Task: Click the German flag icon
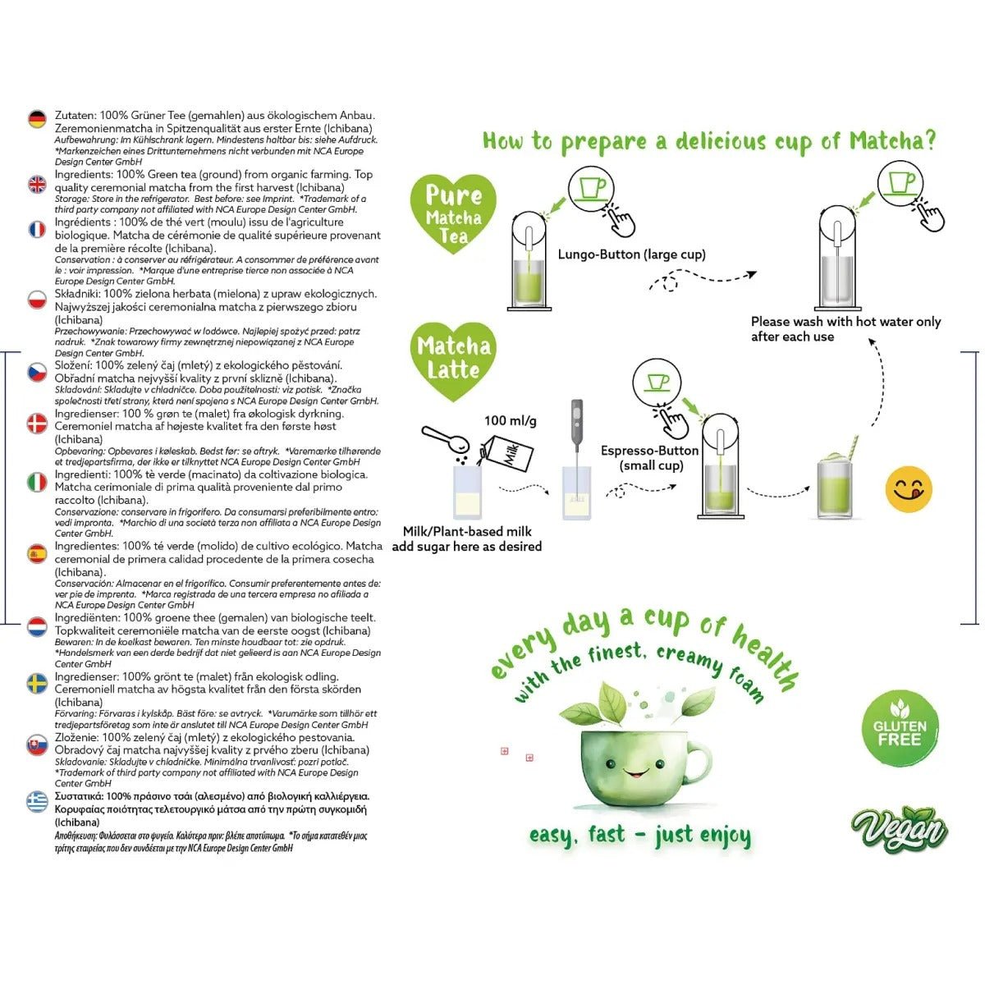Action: pyautogui.click(x=37, y=120)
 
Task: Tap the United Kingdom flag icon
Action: pyautogui.click(x=37, y=184)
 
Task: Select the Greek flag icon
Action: pyautogui.click(x=37, y=802)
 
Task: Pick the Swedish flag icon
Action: pyautogui.click(x=37, y=683)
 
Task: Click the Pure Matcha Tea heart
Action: pyautogui.click(x=454, y=214)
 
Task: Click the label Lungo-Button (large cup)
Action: pyautogui.click(x=631, y=254)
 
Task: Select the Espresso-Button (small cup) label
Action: pyautogui.click(x=650, y=458)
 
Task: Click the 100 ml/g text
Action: pyautogui.click(x=510, y=420)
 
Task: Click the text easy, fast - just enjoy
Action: pyautogui.click(x=639, y=835)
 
